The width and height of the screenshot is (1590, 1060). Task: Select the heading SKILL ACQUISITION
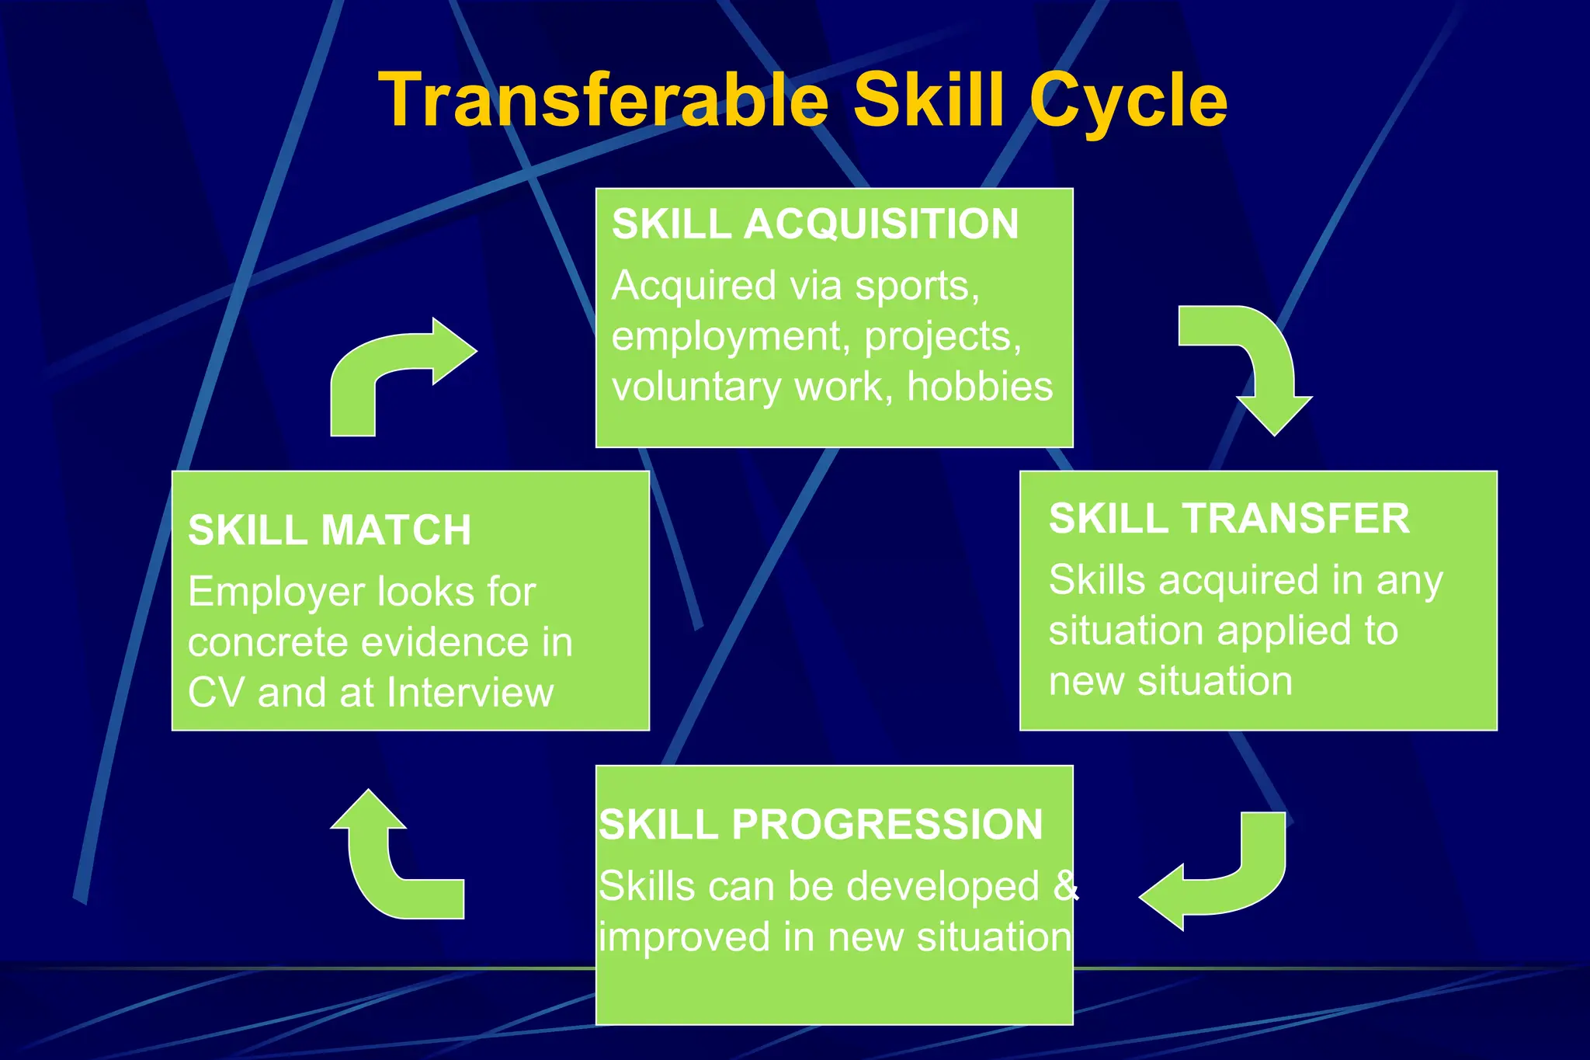coord(814,224)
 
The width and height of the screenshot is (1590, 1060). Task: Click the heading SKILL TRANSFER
coord(1228,519)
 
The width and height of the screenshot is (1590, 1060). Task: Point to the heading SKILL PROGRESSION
coord(820,825)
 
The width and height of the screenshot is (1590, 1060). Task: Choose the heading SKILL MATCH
coord(329,530)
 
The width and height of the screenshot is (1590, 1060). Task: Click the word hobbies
coord(980,387)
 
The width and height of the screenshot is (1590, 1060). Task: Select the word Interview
coord(470,693)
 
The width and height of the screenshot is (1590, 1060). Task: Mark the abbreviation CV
coord(216,693)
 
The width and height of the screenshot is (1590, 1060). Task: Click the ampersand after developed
coord(1065,886)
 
